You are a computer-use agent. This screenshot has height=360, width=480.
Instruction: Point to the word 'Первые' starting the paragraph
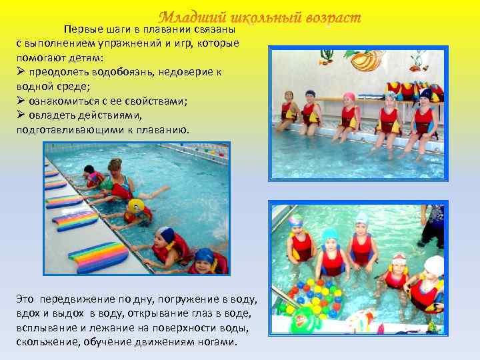(x=80, y=30)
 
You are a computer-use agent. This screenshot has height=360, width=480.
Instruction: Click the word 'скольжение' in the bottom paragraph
(x=44, y=342)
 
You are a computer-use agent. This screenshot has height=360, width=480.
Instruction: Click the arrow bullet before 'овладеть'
(x=21, y=113)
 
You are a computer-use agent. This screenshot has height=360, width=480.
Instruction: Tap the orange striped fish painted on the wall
(x=365, y=61)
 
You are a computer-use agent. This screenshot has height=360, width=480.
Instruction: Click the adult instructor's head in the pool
(x=114, y=165)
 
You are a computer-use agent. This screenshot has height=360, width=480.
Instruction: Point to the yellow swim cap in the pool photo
(x=136, y=205)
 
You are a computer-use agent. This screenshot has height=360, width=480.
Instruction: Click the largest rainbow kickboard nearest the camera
(x=98, y=256)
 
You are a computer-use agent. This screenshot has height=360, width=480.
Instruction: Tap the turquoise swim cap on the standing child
(x=329, y=235)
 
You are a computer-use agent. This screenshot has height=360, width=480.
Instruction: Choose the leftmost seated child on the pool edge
(x=288, y=110)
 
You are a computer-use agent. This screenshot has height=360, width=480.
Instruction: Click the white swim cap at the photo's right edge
(x=434, y=265)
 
